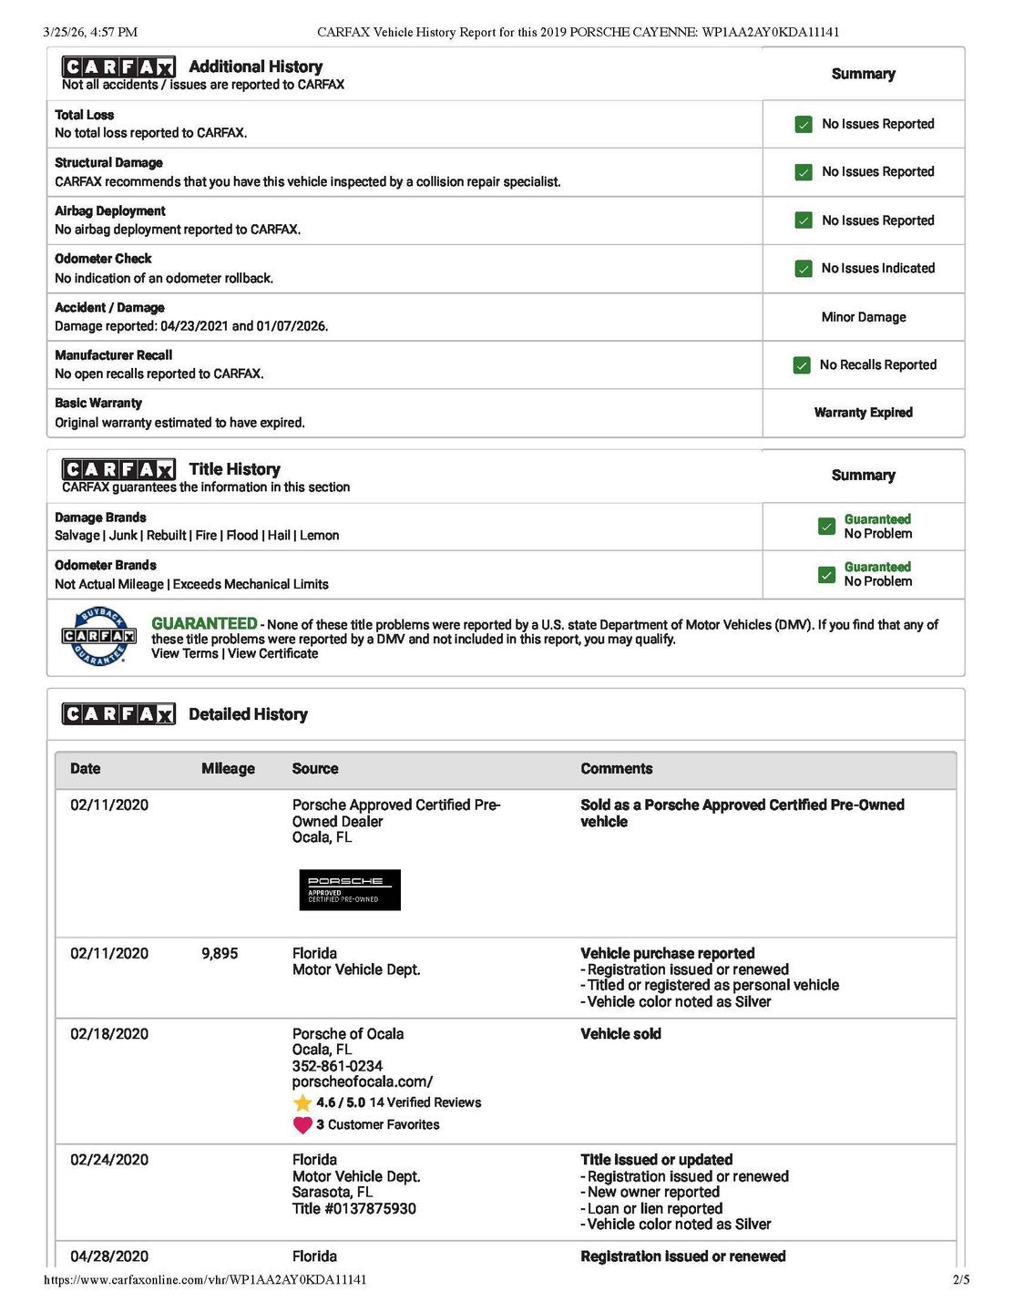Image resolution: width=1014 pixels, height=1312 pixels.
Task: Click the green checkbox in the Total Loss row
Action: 804,124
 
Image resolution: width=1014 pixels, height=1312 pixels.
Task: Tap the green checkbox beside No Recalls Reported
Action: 802,364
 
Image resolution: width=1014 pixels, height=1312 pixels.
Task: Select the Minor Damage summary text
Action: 863,317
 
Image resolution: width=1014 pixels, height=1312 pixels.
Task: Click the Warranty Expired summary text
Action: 863,413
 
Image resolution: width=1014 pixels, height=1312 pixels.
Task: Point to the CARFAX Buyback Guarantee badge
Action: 98,636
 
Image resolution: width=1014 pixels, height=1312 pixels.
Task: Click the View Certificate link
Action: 272,653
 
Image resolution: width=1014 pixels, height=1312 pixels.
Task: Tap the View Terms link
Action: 184,653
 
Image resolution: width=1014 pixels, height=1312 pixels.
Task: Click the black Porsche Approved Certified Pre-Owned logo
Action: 350,890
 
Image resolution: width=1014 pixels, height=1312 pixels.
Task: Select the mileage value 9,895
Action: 220,954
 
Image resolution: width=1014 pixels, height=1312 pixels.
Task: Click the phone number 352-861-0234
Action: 337,1066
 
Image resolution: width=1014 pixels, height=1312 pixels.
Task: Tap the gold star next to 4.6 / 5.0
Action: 303,1102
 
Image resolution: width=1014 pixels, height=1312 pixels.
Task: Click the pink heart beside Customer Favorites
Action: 303,1125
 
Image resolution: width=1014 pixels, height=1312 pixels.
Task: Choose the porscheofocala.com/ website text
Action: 363,1081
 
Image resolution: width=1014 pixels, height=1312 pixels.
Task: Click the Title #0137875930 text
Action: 353,1208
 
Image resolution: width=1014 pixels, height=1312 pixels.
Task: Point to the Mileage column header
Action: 228,769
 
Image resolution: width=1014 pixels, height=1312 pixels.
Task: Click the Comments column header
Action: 616,769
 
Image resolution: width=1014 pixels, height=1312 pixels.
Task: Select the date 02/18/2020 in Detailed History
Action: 109,1034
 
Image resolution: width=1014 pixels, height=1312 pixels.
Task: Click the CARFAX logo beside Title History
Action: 118,470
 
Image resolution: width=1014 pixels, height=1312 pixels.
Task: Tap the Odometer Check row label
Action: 103,259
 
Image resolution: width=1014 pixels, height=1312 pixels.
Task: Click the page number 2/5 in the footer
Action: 961,1280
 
